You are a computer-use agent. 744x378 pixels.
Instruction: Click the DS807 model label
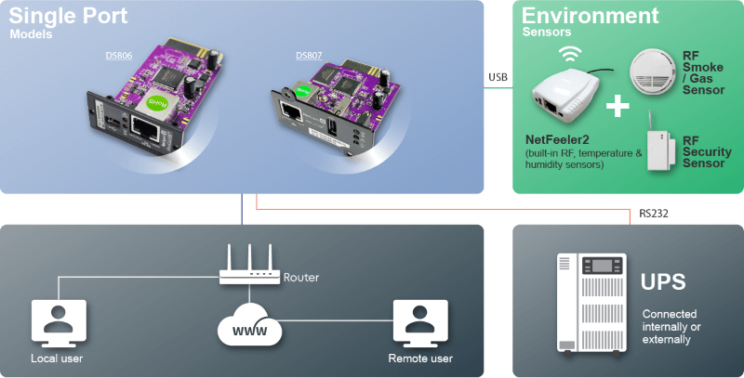pyautogui.click(x=309, y=56)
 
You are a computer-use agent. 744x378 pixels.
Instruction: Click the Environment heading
pyautogui.click(x=590, y=16)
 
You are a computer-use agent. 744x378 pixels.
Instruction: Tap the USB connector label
pyautogui.click(x=498, y=78)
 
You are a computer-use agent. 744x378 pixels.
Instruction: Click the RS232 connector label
pyautogui.click(x=653, y=214)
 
